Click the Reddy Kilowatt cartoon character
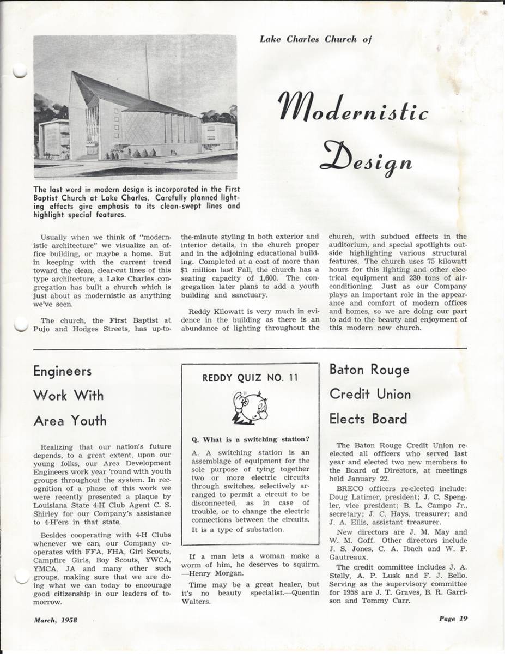pos(250,407)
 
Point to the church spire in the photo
pos(147,71)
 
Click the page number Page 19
pos(453,619)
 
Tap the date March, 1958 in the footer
pos(56,620)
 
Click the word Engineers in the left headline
pos(62,372)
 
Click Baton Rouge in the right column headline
pos(369,370)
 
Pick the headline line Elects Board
pos(368,419)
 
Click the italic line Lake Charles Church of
pos(315,39)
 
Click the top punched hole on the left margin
pos(19,71)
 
